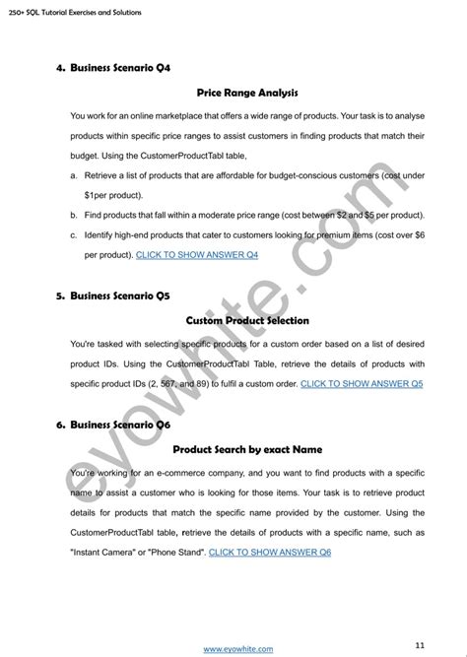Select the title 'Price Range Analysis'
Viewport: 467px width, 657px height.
coord(246,93)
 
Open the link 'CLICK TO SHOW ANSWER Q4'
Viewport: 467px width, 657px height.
coord(196,255)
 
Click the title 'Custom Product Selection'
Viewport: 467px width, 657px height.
coord(246,320)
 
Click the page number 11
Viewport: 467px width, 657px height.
coord(420,618)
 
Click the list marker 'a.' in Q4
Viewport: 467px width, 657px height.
coord(74,174)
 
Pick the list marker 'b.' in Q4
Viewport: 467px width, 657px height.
coord(74,214)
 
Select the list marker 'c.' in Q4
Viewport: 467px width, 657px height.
coord(74,234)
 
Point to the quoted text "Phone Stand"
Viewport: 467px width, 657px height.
coord(174,553)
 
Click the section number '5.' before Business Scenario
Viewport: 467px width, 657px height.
coord(60,295)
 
